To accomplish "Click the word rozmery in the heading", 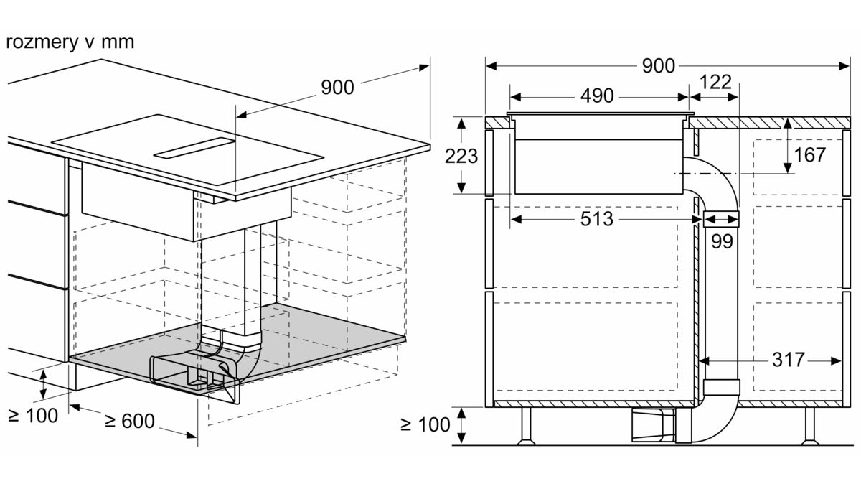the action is pyautogui.click(x=42, y=42).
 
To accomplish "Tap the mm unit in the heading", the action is pyautogui.click(x=118, y=42).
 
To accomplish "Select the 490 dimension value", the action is pyautogui.click(x=597, y=96).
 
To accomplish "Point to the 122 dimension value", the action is pyautogui.click(x=715, y=82).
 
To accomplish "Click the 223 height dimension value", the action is pyautogui.click(x=461, y=157).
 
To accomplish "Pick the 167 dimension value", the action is pyautogui.click(x=809, y=155).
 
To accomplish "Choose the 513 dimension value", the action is pyautogui.click(x=596, y=219).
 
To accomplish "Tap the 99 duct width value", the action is pyautogui.click(x=722, y=241).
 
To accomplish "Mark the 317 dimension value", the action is pyautogui.click(x=789, y=360).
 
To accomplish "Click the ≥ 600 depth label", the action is pyautogui.click(x=130, y=421).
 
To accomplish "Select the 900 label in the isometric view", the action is pyautogui.click(x=337, y=88).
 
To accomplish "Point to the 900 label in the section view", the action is pyautogui.click(x=659, y=66).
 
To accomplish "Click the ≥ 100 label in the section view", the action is pyautogui.click(x=425, y=424).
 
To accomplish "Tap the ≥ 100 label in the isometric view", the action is pyautogui.click(x=33, y=416).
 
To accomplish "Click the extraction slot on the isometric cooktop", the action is pyautogui.click(x=194, y=148).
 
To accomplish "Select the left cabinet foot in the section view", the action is pyautogui.click(x=526, y=426).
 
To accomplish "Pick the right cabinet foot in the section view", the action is pyautogui.click(x=809, y=426).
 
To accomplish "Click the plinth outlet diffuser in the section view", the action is pyautogui.click(x=654, y=424).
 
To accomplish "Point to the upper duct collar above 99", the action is pyautogui.click(x=721, y=218).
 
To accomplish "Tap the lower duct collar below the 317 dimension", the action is pyautogui.click(x=722, y=387).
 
